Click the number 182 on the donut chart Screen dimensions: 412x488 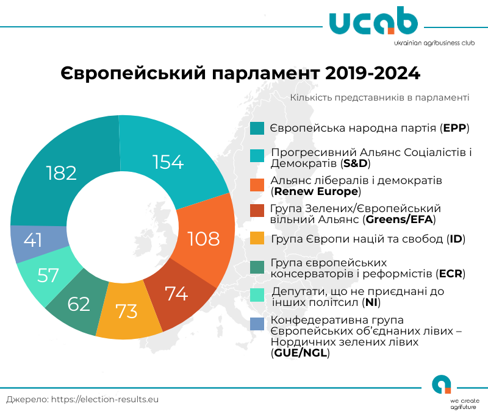coord(62,172)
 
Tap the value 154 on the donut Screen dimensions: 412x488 coord(168,162)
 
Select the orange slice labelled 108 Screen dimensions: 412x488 coord(203,238)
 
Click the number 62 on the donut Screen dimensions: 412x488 coord(79,304)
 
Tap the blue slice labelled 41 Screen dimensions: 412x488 coord(34,240)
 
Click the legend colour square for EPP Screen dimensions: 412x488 coord(257,129)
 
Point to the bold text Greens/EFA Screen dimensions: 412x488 coord(400,218)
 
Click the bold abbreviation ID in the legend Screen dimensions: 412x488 coord(455,238)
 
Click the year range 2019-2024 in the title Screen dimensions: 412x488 coord(373,74)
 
